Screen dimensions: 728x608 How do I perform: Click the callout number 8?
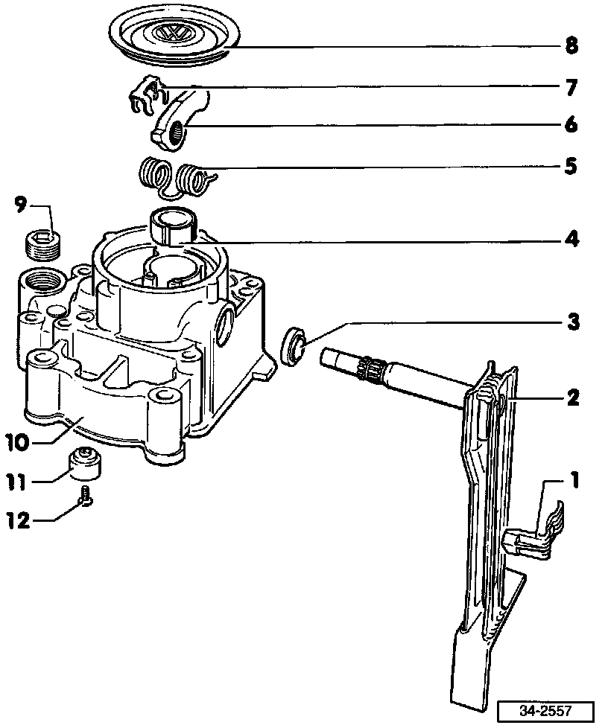tap(571, 46)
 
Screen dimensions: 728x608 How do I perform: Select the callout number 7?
tap(571, 89)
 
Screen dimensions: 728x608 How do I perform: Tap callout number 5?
tap(571, 165)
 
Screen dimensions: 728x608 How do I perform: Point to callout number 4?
tap(571, 240)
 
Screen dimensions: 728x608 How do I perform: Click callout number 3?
tap(571, 323)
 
